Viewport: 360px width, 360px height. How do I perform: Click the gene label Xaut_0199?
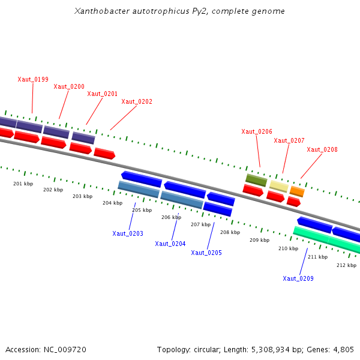pos(33,79)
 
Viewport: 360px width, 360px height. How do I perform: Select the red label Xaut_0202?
pos(137,101)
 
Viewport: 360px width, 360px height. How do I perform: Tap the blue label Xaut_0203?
pos(128,233)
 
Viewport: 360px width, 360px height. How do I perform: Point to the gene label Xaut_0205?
pos(206,253)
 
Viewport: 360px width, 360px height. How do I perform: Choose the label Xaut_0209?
pos(298,278)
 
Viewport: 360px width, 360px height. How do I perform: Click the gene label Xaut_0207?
pos(289,140)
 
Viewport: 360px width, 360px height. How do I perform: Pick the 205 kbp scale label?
pos(142,210)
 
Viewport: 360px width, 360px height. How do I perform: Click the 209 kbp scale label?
pos(259,240)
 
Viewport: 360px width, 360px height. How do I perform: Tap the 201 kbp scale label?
pos(23,183)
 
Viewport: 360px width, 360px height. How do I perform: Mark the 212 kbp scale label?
pos(346,265)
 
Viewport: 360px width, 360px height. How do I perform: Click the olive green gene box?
pos(256,179)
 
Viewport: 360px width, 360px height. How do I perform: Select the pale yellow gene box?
pos(278,186)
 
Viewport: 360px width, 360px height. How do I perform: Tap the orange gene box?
pos(297,191)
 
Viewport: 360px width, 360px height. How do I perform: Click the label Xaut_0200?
pos(69,86)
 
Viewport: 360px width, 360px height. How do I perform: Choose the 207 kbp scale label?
pos(200,224)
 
